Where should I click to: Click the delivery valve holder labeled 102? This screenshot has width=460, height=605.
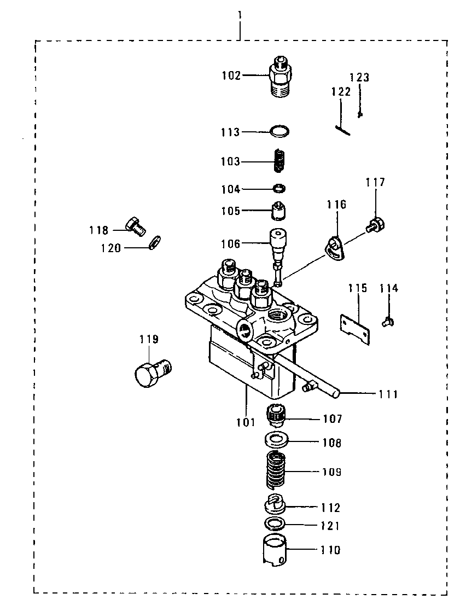280,77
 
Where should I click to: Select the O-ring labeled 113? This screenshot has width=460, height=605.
280,131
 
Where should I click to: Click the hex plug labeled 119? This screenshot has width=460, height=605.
153,373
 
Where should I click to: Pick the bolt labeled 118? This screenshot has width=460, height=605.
135,226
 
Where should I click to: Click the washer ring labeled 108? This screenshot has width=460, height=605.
276,439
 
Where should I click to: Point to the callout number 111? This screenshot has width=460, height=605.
388,394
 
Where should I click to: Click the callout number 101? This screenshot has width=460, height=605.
246,422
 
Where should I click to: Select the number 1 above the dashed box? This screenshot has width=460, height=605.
240,15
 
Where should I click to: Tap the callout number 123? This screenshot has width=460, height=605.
359,77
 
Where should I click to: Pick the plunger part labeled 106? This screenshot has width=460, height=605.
278,256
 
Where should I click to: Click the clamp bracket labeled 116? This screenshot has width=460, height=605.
335,248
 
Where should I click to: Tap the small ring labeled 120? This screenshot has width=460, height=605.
155,242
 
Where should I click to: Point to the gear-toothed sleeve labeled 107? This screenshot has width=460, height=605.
275,415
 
